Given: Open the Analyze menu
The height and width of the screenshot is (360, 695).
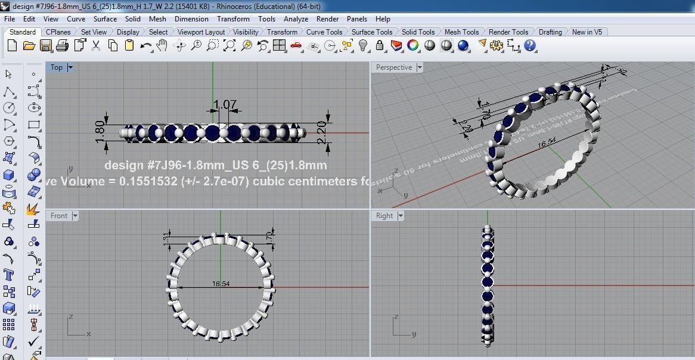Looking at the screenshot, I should click(296, 19).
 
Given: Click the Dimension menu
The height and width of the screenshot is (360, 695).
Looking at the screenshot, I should click(191, 19).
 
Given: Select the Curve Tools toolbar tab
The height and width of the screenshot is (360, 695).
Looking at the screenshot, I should click(324, 32).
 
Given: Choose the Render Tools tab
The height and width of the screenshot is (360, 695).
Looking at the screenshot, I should click(508, 32).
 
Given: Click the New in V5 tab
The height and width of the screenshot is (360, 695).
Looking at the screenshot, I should click(587, 32).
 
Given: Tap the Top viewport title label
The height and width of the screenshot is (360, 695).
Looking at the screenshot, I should click(57, 68).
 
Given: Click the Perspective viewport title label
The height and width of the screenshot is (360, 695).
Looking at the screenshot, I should click(393, 68).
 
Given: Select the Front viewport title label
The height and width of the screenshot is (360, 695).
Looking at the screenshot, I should click(59, 216).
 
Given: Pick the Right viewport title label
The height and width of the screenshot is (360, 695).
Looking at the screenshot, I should click(384, 216).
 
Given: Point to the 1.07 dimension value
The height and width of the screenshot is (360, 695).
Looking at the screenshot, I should click(225, 105).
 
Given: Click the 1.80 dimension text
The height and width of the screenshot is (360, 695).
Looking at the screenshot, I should click(100, 128).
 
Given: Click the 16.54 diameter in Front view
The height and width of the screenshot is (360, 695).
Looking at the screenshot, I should click(221, 284).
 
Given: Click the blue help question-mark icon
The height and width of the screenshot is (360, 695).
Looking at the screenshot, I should click(530, 45).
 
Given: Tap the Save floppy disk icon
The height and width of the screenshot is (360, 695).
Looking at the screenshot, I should click(45, 45).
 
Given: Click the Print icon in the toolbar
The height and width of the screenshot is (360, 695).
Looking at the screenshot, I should click(62, 45).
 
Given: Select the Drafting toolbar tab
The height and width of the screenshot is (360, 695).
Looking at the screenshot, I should click(550, 32).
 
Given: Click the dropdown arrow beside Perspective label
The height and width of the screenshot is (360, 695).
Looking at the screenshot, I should click(420, 68).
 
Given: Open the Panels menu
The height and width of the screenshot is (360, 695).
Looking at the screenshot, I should click(357, 19).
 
